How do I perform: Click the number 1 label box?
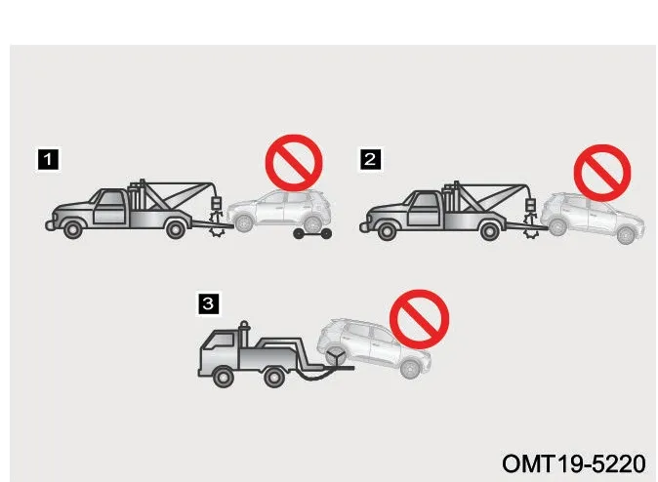(48, 159)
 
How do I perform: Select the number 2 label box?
(370, 159)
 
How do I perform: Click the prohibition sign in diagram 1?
(294, 163)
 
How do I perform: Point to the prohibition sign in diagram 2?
(602, 173)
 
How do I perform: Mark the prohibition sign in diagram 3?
(419, 319)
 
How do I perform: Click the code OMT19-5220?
(574, 464)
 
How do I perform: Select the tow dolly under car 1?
(312, 233)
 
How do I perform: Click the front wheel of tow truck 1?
(72, 229)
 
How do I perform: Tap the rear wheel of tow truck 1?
(176, 229)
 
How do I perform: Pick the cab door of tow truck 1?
(109, 207)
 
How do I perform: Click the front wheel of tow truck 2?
(387, 230)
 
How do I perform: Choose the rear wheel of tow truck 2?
(490, 230)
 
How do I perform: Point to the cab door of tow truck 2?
(424, 209)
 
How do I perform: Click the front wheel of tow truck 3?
(224, 377)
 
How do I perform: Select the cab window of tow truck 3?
(223, 341)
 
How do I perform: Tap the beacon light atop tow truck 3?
(244, 326)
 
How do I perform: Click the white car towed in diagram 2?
(593, 218)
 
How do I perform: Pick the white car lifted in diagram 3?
(374, 346)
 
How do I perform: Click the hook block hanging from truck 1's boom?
(216, 204)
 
